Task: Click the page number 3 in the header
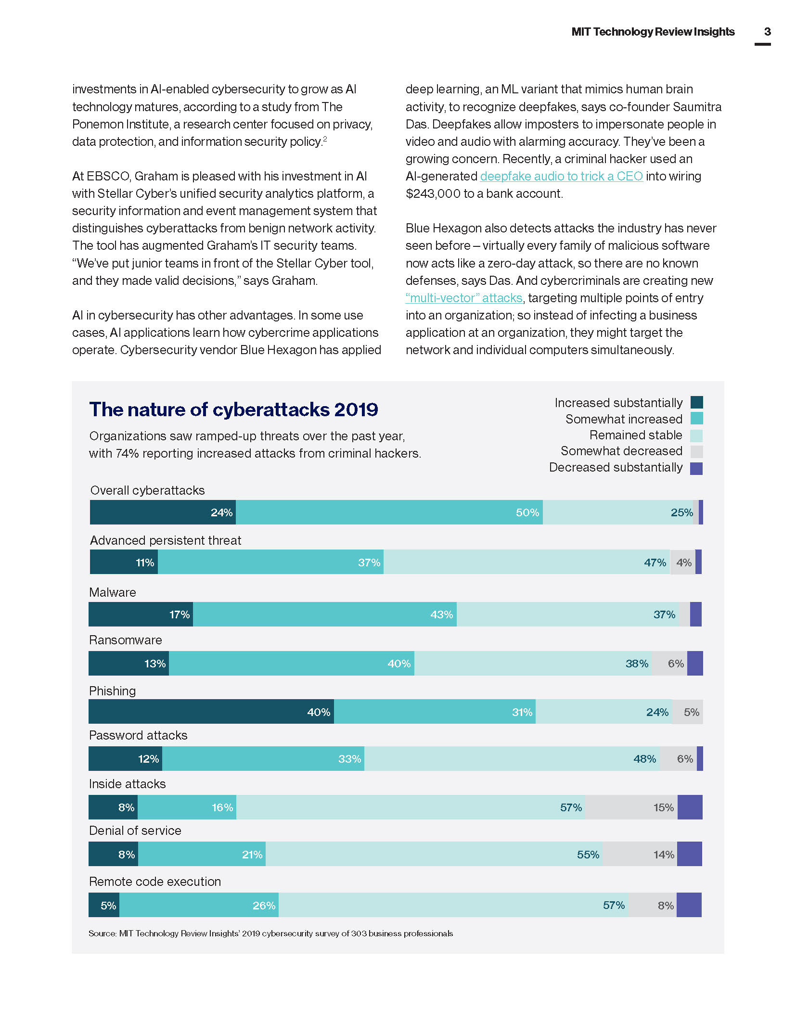[x=767, y=32]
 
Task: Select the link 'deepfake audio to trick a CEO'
[x=561, y=176]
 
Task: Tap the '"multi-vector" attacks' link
[x=464, y=298]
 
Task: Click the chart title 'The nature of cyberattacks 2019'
[x=233, y=409]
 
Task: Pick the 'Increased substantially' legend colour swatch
[x=696, y=402]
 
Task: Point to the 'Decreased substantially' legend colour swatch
[x=696, y=468]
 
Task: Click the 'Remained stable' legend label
[x=635, y=435]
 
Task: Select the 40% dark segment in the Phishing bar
[x=211, y=712]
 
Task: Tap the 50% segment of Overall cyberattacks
[x=389, y=512]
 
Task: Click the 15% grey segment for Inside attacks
[x=631, y=807]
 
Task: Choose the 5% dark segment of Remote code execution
[x=104, y=905]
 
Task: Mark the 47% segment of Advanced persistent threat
[x=526, y=562]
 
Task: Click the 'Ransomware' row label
[x=126, y=640]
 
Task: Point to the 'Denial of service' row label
[x=135, y=831]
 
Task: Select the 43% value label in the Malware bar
[x=441, y=614]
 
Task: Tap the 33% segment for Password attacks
[x=263, y=759]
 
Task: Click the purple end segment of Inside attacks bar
[x=690, y=807]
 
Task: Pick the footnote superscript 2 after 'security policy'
[x=325, y=139]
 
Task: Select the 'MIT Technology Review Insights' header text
[x=653, y=32]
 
